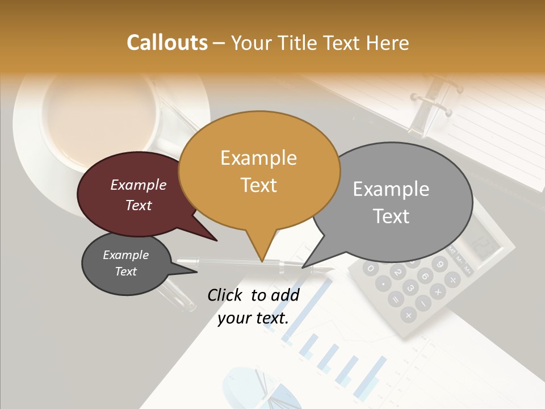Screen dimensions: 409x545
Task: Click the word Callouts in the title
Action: (x=167, y=43)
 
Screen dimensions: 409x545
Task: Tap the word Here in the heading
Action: (x=388, y=43)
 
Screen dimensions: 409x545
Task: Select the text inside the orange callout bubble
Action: (x=259, y=171)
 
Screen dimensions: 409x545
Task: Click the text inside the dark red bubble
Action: (x=138, y=195)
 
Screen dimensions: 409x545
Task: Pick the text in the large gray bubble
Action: (x=391, y=202)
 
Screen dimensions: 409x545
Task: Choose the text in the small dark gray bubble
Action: (x=125, y=263)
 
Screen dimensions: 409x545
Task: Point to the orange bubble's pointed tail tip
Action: (x=262, y=261)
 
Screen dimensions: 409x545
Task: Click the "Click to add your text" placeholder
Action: (x=253, y=306)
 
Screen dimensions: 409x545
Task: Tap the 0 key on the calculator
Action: (x=371, y=268)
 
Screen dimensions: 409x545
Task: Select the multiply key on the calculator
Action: (x=438, y=293)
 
